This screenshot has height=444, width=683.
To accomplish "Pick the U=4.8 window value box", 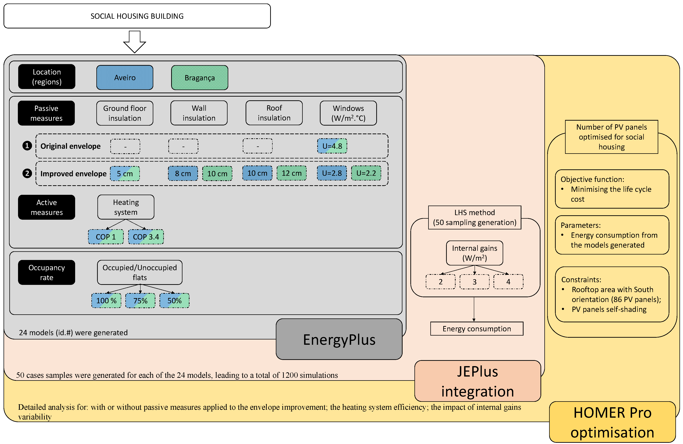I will coord(332,146).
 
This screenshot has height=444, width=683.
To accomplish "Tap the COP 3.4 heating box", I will coord(146,237).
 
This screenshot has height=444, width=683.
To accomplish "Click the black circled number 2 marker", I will coord(27,173).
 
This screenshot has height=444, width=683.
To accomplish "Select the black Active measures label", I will coord(46,207).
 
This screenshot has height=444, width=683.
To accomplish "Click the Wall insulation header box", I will coord(199,113).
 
